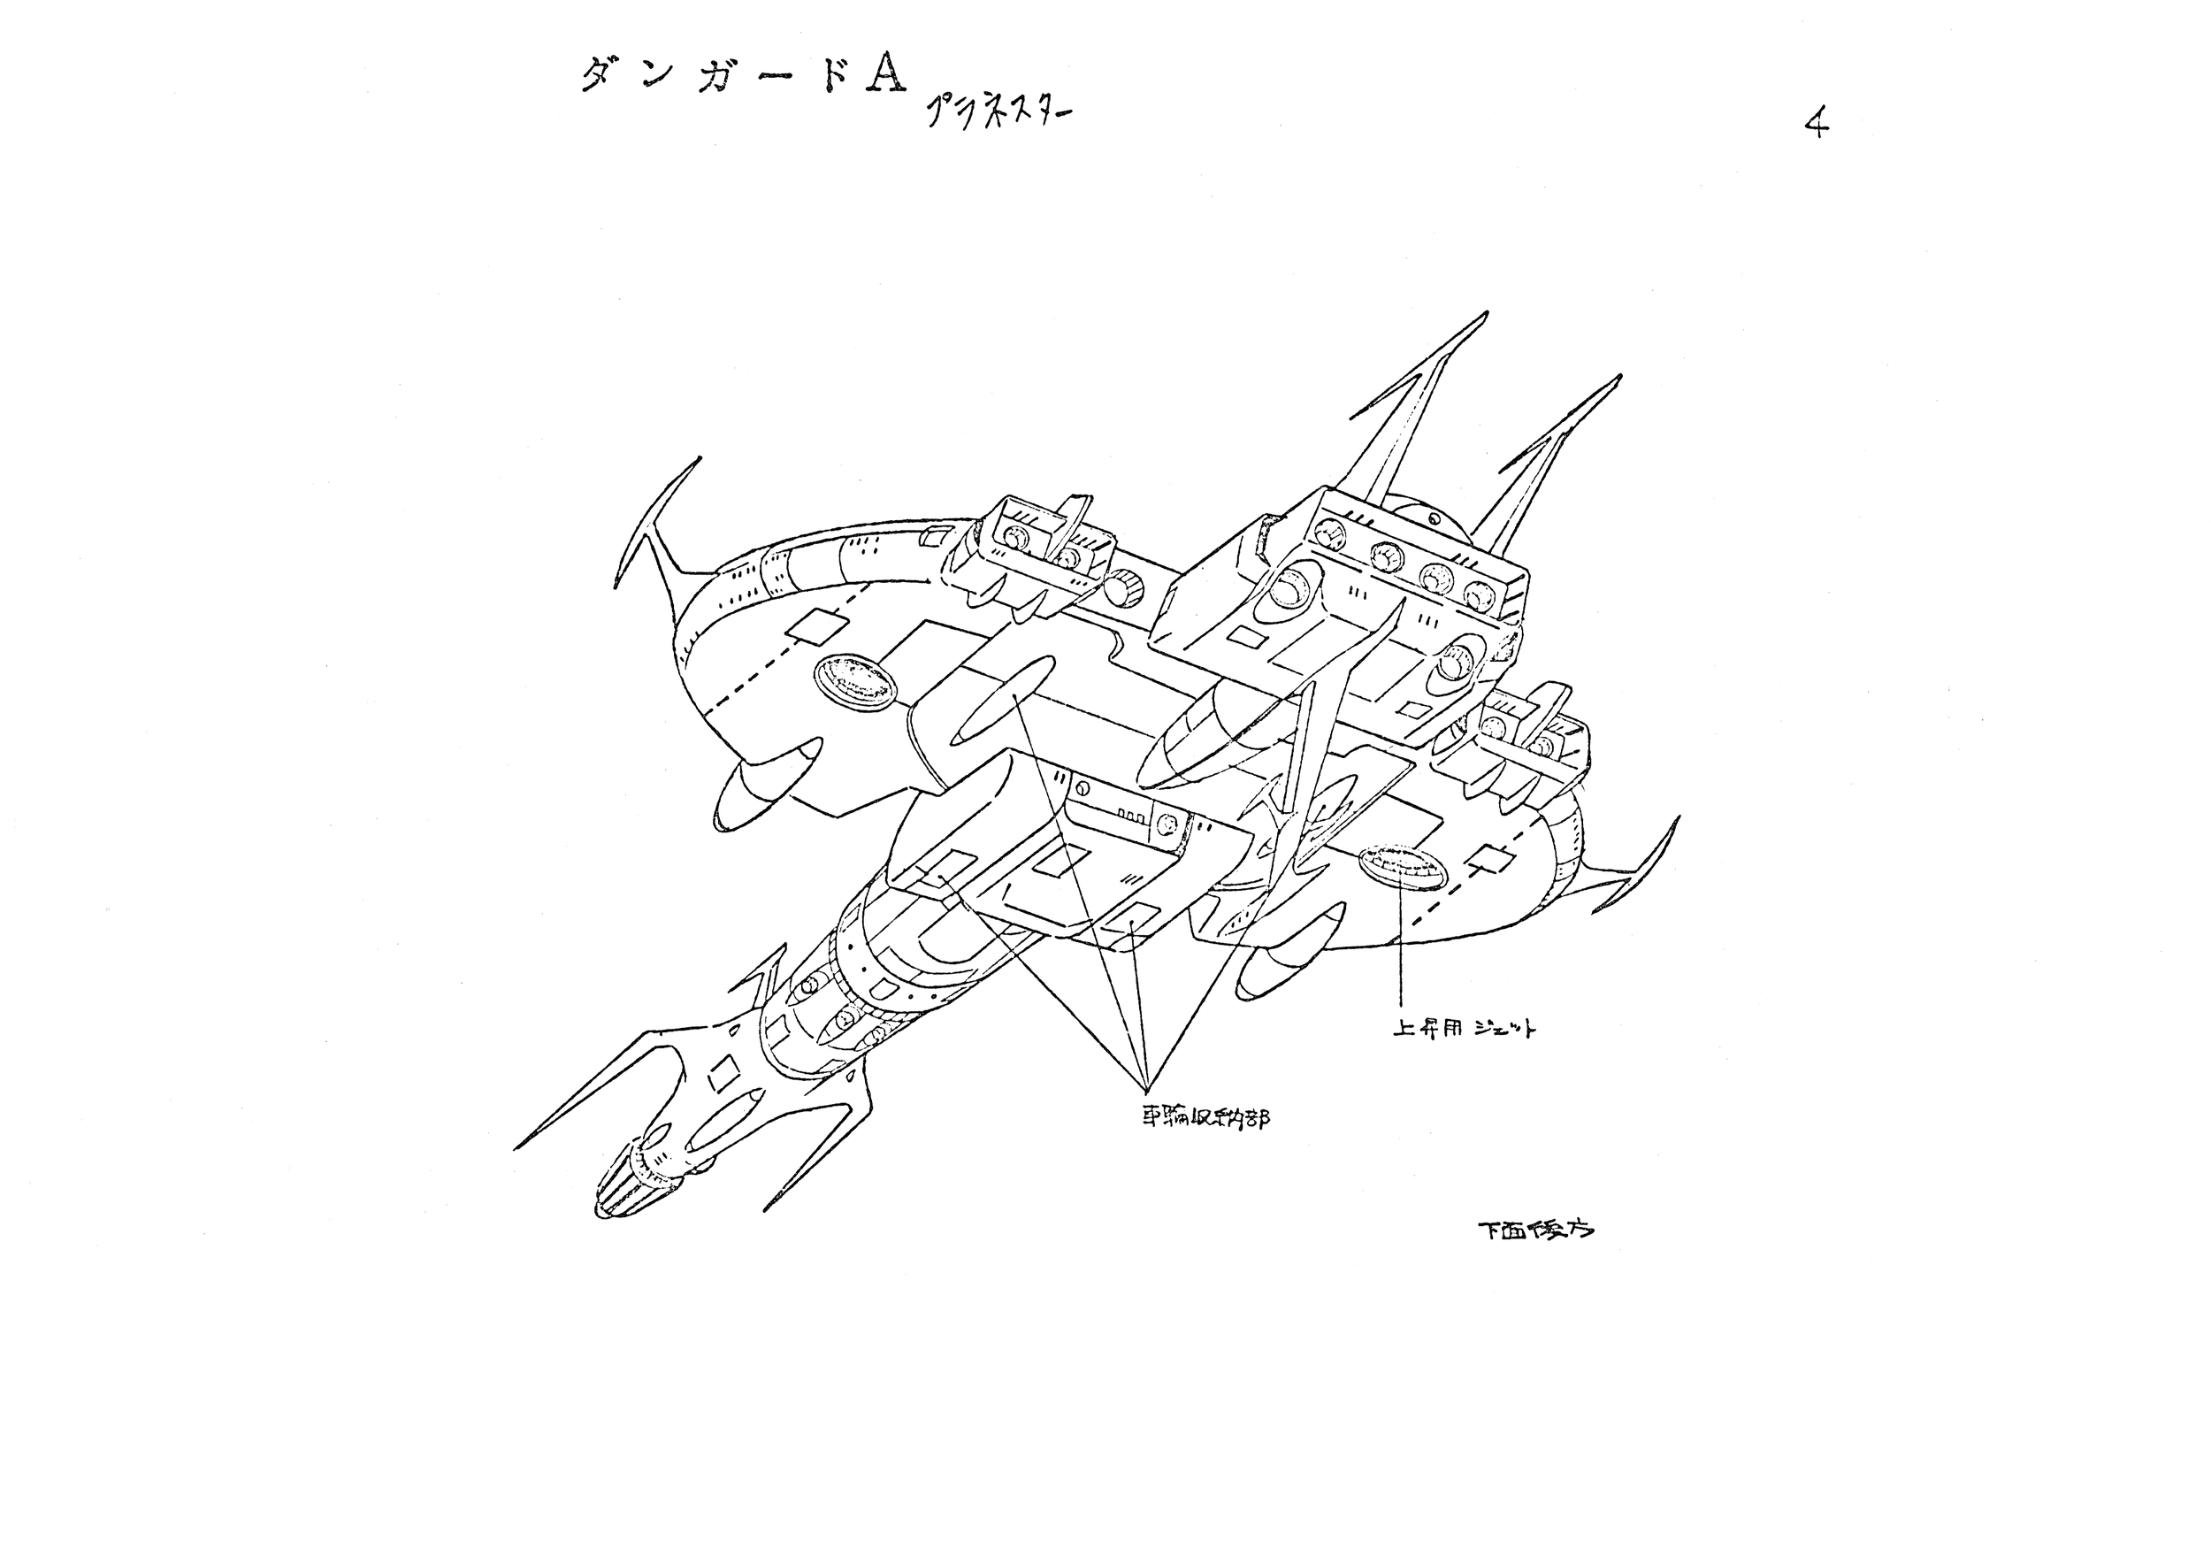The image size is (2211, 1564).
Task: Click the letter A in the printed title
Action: click(x=884, y=73)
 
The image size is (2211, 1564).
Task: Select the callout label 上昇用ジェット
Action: click(x=1464, y=1029)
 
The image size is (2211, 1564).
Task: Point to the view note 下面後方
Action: click(x=1535, y=1230)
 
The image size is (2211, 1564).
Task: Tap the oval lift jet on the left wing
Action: click(x=856, y=680)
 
